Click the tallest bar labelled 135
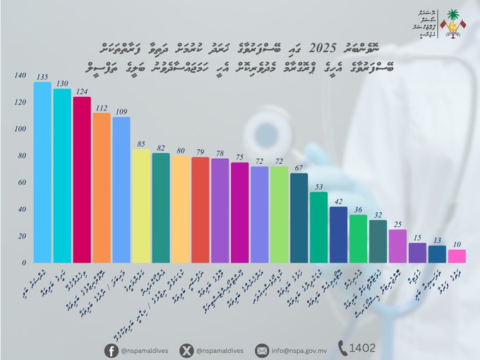point(42,172)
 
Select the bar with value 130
point(62,176)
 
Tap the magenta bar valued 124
point(82,179)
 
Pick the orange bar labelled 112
point(102,188)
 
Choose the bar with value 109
point(121,189)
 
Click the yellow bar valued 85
point(141,205)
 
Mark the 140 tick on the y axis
point(20,76)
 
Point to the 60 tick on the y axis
point(22,182)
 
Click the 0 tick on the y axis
point(24,263)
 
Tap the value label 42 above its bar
point(338,201)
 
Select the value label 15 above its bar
point(417,237)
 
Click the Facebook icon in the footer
point(112,349)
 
